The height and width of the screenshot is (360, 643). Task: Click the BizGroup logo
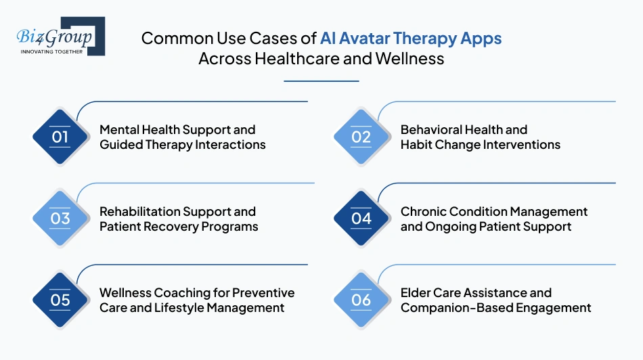point(60,35)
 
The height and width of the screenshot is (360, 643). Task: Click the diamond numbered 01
point(60,137)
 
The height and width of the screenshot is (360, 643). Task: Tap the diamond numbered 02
point(361,137)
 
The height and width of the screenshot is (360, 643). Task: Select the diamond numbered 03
point(60,218)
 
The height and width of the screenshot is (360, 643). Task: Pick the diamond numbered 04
point(361,218)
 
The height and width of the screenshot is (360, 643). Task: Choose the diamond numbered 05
point(60,299)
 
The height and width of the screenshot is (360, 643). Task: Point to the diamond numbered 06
point(361,299)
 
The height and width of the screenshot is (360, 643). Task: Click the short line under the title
point(321,81)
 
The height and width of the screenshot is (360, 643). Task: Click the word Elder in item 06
point(417,293)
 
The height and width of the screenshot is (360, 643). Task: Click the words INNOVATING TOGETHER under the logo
point(52,51)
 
